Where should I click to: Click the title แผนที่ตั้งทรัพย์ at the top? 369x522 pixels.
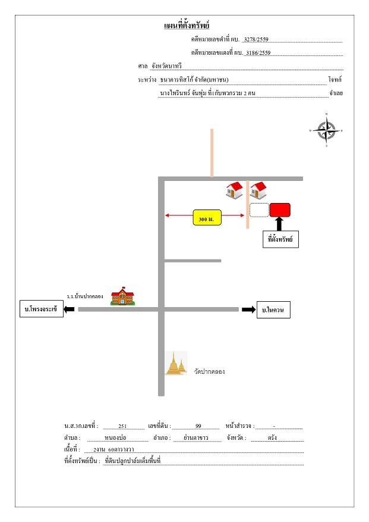pyautogui.click(x=187, y=26)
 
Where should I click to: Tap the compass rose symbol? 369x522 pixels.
pyautogui.click(x=326, y=130)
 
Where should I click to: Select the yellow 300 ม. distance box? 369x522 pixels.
pyautogui.click(x=207, y=217)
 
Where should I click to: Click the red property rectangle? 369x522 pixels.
pyautogui.click(x=280, y=210)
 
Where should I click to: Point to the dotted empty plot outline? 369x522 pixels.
pyautogui.click(x=259, y=210)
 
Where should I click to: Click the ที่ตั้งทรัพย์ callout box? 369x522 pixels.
pyautogui.click(x=280, y=239)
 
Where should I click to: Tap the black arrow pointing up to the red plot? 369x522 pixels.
pyautogui.click(x=279, y=224)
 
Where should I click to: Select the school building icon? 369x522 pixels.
pyautogui.click(x=122, y=296)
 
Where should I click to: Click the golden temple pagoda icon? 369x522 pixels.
pyautogui.click(x=176, y=363)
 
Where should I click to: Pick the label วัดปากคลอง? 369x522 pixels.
pyautogui.click(x=209, y=371)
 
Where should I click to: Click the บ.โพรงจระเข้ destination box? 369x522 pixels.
pyautogui.click(x=42, y=308)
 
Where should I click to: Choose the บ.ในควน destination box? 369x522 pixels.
pyautogui.click(x=273, y=310)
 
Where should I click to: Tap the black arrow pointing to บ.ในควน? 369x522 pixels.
pyautogui.click(x=248, y=310)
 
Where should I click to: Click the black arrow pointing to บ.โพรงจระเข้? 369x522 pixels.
pyautogui.click(x=69, y=310)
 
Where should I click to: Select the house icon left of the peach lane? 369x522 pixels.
pyautogui.click(x=234, y=190)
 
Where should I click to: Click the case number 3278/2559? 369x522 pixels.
pyautogui.click(x=256, y=39)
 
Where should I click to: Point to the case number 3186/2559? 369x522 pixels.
pyautogui.click(x=258, y=52)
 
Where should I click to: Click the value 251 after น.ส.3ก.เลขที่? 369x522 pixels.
pyautogui.click(x=122, y=426)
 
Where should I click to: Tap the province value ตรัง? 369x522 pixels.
pyautogui.click(x=272, y=437)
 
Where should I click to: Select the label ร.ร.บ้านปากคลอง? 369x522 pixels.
pyautogui.click(x=85, y=296)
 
